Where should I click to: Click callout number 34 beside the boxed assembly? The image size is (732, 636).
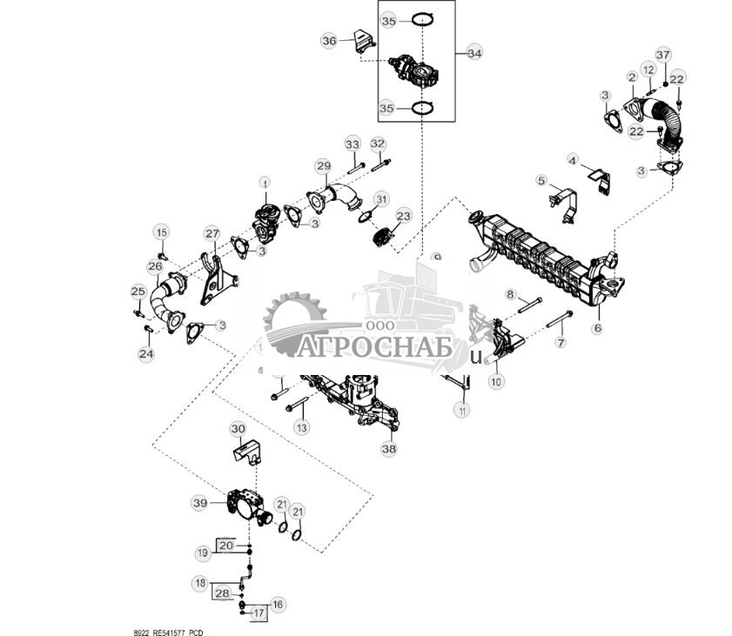point(473,53)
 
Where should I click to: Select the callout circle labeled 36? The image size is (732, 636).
point(329,41)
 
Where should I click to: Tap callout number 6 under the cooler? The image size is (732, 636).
point(597,328)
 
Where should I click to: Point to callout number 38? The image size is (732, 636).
point(388,449)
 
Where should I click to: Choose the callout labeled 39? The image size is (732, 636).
point(200,503)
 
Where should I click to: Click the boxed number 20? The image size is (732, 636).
point(226,546)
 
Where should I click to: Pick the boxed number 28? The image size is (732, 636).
point(223,592)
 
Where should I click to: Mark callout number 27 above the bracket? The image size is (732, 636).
point(212,233)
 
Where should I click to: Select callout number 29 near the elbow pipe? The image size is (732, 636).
point(323,165)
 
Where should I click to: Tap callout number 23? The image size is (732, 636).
point(404,215)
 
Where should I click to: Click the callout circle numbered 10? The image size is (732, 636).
point(496,380)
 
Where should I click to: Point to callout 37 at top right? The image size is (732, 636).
point(663,56)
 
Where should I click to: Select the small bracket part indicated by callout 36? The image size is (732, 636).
point(359,42)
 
